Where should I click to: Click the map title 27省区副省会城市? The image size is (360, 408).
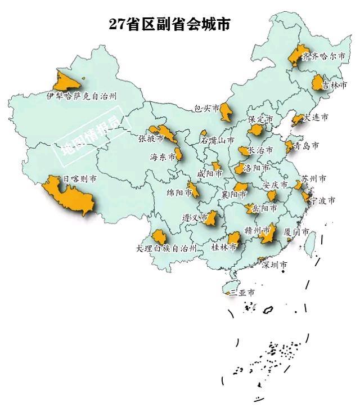point(169,24)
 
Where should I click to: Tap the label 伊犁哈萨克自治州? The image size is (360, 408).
point(82,96)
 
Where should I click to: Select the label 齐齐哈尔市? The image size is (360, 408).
point(322,57)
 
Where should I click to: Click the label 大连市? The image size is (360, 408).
point(315,118)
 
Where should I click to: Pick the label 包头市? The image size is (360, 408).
point(205,109)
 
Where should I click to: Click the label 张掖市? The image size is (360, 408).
point(151,138)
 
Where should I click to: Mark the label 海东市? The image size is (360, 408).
point(163,157)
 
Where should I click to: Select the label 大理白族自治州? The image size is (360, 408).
point(166,248)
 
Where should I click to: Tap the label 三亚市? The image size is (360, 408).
point(242,293)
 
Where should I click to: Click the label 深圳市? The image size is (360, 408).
point(276,264)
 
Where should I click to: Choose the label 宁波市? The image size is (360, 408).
point(323,200)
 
